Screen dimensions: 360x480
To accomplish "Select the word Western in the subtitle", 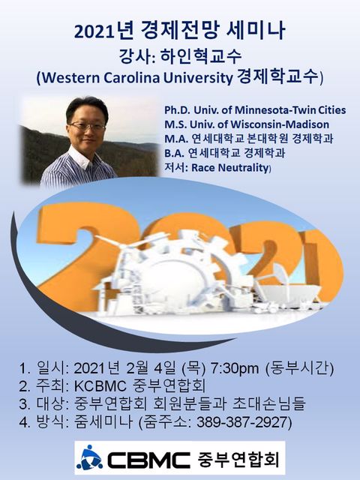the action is click(x=71, y=78).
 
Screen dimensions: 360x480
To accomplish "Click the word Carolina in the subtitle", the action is click(x=132, y=78).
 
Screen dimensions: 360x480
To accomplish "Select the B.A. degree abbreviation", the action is click(x=175, y=153).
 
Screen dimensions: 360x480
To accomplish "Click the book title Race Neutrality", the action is click(x=230, y=168).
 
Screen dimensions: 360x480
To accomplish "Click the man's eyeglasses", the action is click(x=87, y=125).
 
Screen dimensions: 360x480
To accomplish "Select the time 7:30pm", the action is click(x=235, y=368).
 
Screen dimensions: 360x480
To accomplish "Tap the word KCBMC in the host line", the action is click(x=100, y=386).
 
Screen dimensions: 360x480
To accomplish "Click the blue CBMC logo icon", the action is click(x=89, y=457).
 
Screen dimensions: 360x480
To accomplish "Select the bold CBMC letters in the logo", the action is click(x=148, y=460).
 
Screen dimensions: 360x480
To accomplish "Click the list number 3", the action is click(x=25, y=404).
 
